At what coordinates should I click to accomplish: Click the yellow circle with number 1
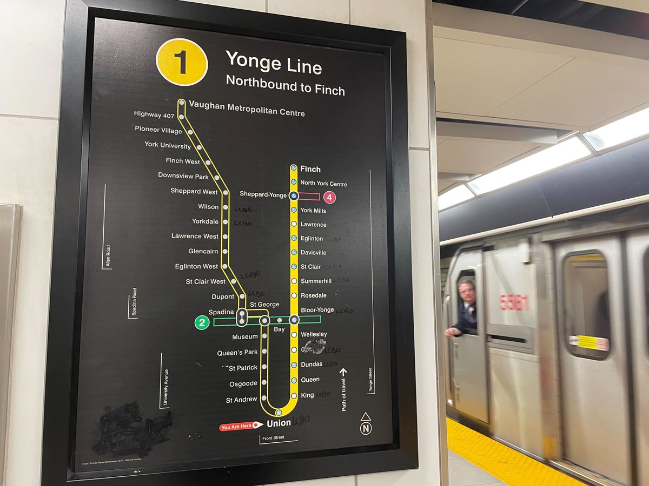(x=182, y=62)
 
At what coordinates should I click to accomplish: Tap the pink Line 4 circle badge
(x=329, y=198)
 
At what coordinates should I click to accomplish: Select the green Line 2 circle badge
(x=201, y=323)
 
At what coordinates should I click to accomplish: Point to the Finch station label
(x=310, y=169)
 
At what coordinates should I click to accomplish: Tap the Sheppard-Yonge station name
(x=263, y=195)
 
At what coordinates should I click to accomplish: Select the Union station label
(x=279, y=423)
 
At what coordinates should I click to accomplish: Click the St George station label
(x=264, y=305)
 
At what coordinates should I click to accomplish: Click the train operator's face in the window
(x=466, y=293)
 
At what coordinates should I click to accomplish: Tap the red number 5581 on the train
(x=514, y=302)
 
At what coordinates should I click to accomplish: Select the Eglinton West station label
(x=196, y=266)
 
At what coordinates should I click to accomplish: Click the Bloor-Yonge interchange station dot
(x=294, y=320)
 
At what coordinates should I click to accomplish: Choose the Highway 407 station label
(x=155, y=114)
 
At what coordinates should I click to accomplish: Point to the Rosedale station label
(x=313, y=295)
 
